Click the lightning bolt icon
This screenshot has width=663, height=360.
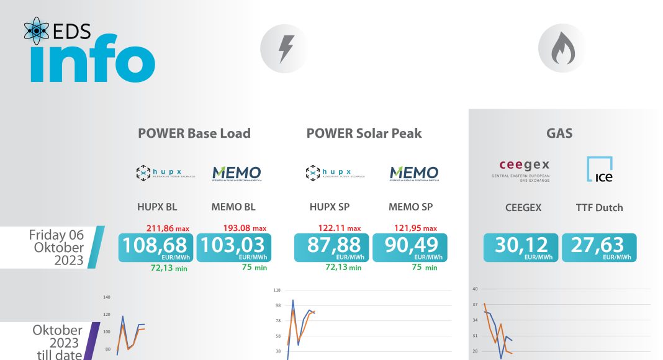pyautogui.click(x=286, y=49)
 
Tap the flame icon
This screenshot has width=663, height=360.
pyautogui.click(x=564, y=49)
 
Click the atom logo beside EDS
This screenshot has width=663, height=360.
pyautogui.click(x=37, y=31)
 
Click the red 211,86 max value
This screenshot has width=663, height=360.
pyautogui.click(x=167, y=228)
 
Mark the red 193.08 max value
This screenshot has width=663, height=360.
pyautogui.click(x=244, y=228)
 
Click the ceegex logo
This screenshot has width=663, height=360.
pyautogui.click(x=525, y=169)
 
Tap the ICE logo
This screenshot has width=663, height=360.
pyautogui.click(x=600, y=169)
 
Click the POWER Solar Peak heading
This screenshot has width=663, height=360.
pyautogui.click(x=364, y=133)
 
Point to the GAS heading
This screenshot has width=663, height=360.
pyautogui.click(x=559, y=133)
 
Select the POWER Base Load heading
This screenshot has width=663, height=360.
pyautogui.click(x=194, y=133)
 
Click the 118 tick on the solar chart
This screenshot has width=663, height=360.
pyautogui.click(x=277, y=289)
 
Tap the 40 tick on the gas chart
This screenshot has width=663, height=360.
pyautogui.click(x=475, y=289)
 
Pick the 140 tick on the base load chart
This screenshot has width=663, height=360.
pyautogui.click(x=106, y=297)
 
